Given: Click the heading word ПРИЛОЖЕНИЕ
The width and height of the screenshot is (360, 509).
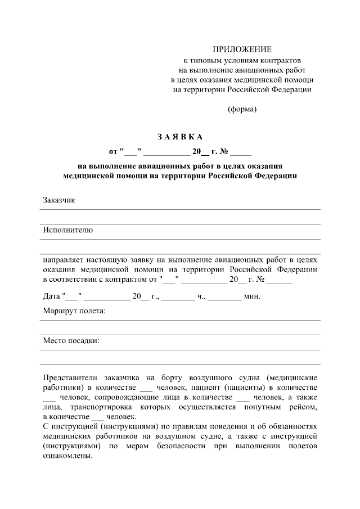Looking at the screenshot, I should point(242,49).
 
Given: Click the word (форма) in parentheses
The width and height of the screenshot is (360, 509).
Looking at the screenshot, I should point(242,110).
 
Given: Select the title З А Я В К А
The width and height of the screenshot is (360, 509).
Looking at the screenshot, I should point(179,137).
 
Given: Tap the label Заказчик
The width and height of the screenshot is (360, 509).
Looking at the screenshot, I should point(59,200).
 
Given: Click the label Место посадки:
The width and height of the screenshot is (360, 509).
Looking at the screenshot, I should point(71,340).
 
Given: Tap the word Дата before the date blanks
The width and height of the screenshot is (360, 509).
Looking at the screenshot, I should point(52,296).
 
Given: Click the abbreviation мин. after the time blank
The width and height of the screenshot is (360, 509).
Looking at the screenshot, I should point(252,296).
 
